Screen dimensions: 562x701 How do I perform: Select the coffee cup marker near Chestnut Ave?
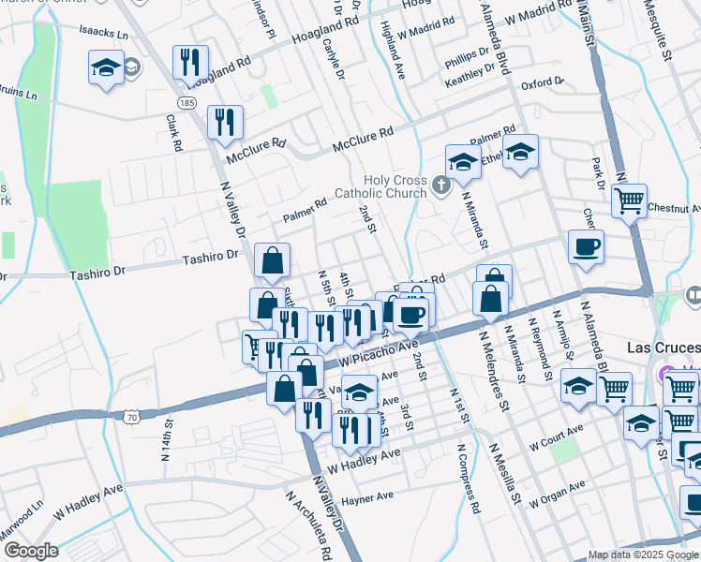(586, 246)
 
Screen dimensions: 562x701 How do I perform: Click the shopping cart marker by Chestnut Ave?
(630, 200)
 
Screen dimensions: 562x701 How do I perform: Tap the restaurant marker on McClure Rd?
(225, 122)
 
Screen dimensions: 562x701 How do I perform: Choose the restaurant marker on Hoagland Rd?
(190, 62)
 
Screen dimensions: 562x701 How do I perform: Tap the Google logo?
(30, 551)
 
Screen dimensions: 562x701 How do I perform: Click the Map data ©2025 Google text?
(642, 555)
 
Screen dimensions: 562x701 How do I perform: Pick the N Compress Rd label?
(469, 478)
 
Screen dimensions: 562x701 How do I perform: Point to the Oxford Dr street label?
(543, 82)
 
